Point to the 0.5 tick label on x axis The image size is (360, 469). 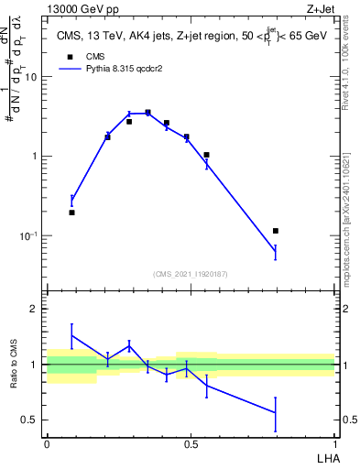coord(191,442)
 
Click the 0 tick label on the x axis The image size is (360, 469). coord(47,442)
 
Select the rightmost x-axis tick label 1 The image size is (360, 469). coord(334,442)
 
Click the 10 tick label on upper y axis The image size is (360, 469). coord(30,77)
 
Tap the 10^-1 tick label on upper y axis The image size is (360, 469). coord(28,235)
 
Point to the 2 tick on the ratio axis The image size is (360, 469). coord(34,310)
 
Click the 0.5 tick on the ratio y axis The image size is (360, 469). coord(30,420)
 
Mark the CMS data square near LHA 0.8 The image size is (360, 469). coord(276,231)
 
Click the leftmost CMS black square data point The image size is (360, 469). coord(71,213)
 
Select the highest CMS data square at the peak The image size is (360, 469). coord(147,113)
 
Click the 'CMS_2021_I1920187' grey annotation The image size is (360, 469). coord(190,274)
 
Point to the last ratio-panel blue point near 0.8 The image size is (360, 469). coord(276,413)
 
